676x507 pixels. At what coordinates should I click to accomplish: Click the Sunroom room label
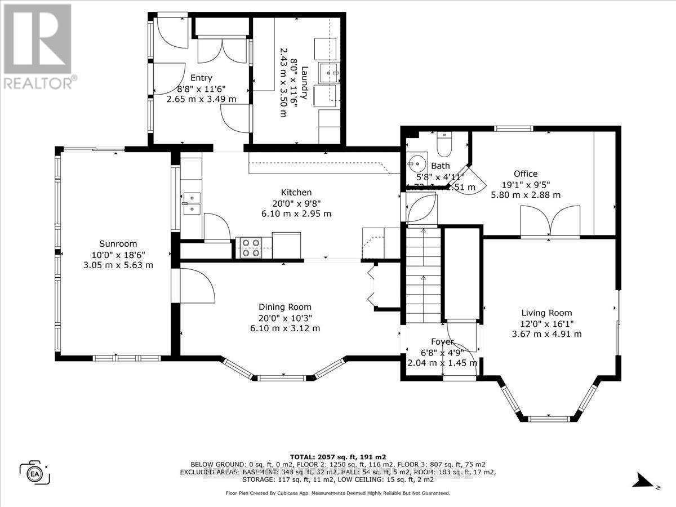[118, 244]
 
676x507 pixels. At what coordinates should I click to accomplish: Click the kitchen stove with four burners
[250, 248]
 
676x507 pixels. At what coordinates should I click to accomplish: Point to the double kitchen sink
[192, 203]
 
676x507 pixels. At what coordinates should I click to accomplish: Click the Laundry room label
[304, 83]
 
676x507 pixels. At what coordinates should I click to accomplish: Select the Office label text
[525, 174]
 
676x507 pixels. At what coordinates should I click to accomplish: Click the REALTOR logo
[38, 45]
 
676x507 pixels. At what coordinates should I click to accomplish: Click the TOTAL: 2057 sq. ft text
[337, 457]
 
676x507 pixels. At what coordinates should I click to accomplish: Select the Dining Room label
[285, 307]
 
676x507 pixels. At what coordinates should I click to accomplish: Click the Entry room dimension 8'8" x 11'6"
[201, 88]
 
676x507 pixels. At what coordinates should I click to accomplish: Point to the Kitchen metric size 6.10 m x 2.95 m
[296, 214]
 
